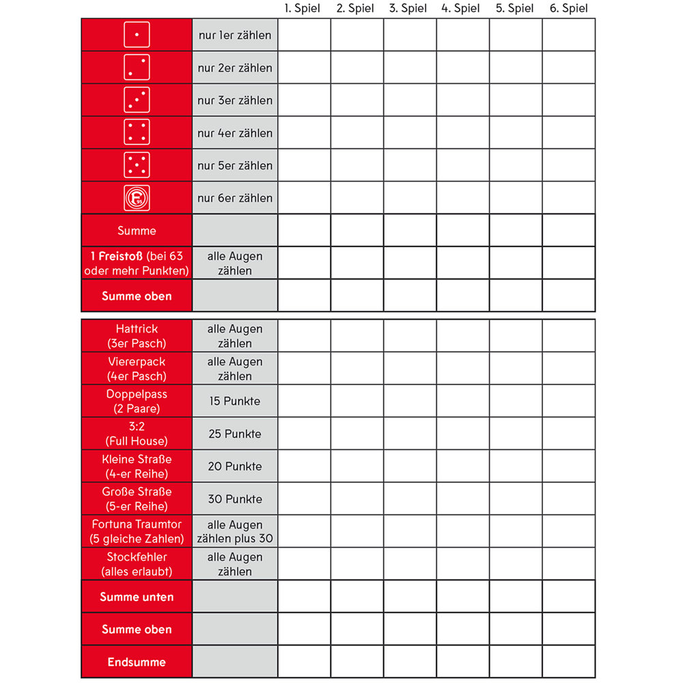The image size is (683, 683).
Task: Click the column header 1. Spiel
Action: pos(302,8)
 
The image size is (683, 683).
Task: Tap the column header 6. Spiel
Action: pos(568,8)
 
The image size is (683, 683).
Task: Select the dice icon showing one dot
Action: pos(137,34)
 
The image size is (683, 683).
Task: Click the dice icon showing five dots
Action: pos(137,165)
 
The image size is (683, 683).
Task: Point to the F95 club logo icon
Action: pos(137,198)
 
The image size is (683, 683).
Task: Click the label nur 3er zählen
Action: pos(235,100)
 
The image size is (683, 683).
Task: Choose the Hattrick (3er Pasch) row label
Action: pos(137,336)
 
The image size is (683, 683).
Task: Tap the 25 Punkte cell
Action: pos(235,434)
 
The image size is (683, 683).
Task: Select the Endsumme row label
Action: pos(137,662)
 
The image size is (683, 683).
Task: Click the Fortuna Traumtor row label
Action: pos(137,531)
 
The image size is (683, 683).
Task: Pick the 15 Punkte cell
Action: pos(235,401)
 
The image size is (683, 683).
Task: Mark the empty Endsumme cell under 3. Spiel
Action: pos(410,662)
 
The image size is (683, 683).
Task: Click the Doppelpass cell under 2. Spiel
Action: pos(357,401)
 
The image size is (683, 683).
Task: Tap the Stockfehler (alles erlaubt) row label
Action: pos(137,564)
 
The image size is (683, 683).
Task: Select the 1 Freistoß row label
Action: pos(137,263)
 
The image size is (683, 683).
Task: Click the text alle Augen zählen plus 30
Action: pos(235,531)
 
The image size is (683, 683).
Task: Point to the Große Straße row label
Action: pos(137,499)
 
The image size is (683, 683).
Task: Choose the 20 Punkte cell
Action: pos(235,466)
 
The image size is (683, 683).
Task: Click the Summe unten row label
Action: pos(137,597)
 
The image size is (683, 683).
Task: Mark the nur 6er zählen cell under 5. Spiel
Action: pos(516,198)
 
